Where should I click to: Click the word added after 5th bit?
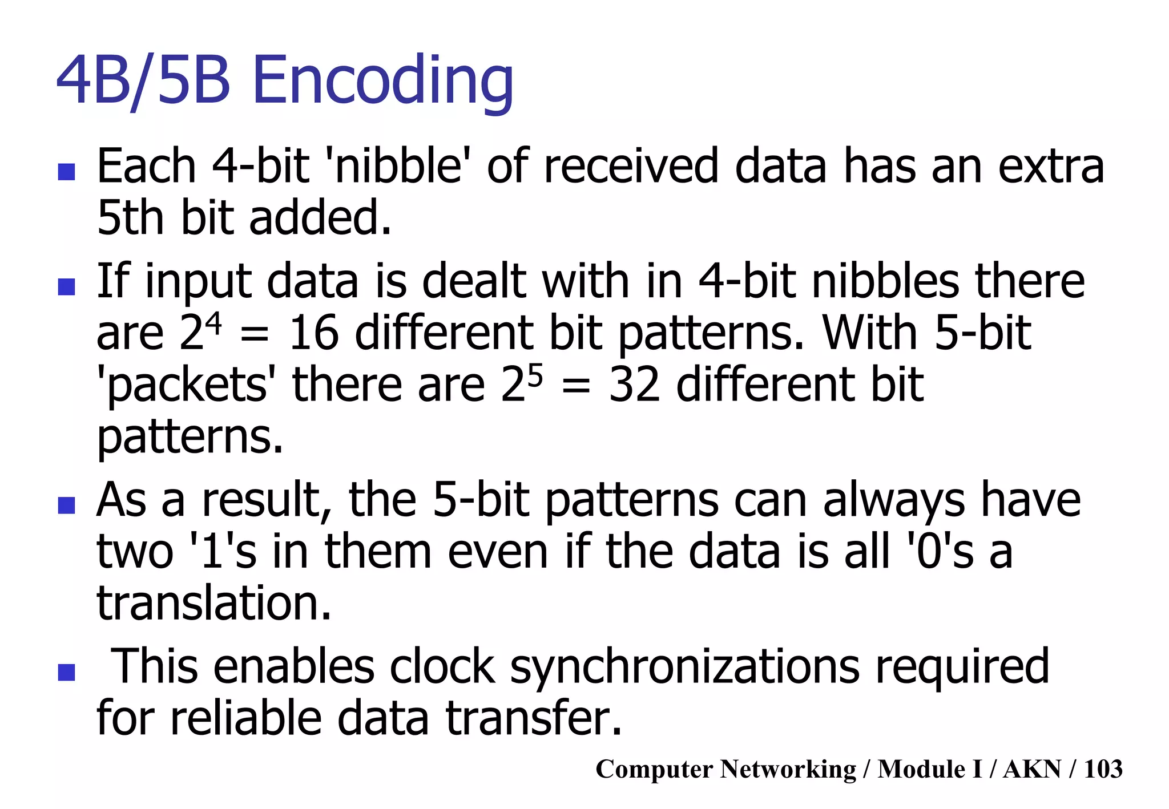click(320, 218)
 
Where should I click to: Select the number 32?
click(634, 385)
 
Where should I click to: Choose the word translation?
click(213, 604)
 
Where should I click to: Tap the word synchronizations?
click(684, 666)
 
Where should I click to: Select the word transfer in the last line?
click(533, 718)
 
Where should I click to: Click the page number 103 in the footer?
click(1103, 769)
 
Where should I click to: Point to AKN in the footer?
click(1032, 769)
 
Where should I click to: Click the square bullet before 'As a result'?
click(67, 505)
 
